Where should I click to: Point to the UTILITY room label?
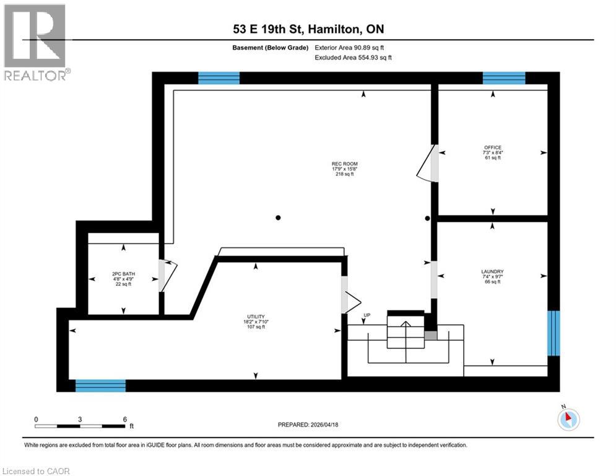point(256,322)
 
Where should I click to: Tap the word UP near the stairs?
point(367,316)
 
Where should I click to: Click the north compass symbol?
point(568,419)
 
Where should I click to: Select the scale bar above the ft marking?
point(79,426)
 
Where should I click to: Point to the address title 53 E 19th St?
point(308,29)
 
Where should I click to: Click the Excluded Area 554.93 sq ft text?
point(353,57)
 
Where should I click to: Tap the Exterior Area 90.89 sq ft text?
point(353,47)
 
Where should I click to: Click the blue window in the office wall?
point(504,78)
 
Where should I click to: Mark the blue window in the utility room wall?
point(100,386)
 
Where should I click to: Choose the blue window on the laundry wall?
point(554,333)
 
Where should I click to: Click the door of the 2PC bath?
point(167,275)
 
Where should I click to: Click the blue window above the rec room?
point(219,78)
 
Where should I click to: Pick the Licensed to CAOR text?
point(37,471)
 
